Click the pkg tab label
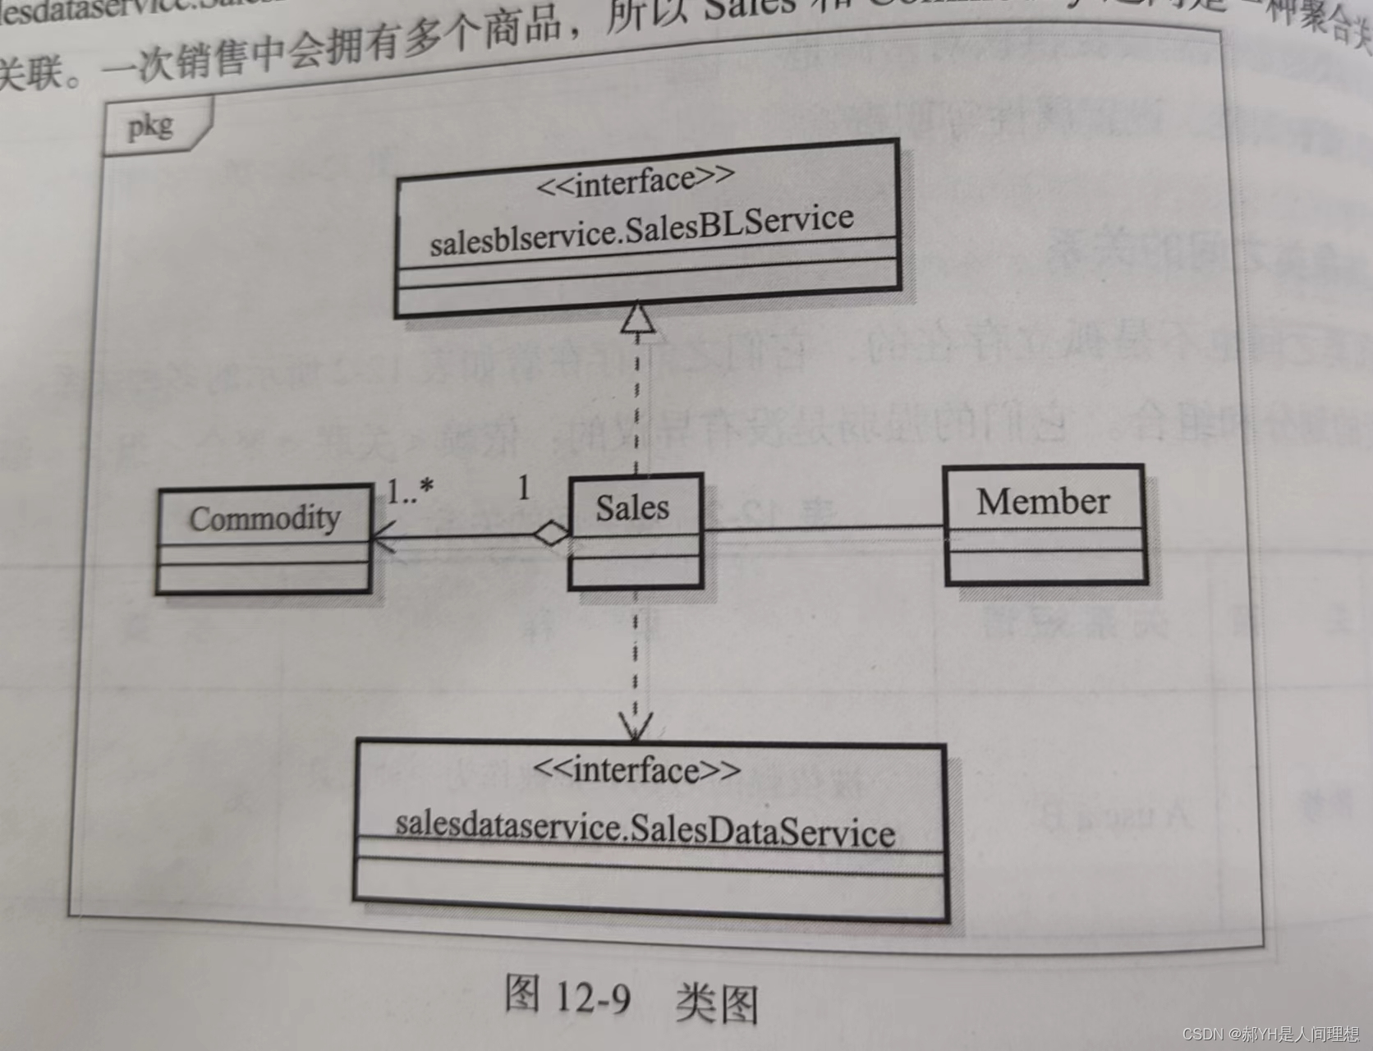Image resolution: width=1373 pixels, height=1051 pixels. pyautogui.click(x=150, y=126)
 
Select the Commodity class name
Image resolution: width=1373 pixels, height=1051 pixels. pyautogui.click(x=264, y=518)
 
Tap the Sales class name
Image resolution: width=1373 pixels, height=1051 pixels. pyautogui.click(x=632, y=507)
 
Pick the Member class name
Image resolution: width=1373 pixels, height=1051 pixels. pyautogui.click(x=1043, y=501)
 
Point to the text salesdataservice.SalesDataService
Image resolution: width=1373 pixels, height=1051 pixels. pyautogui.click(x=645, y=828)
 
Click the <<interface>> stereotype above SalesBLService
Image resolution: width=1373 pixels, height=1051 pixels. pyautogui.click(x=636, y=181)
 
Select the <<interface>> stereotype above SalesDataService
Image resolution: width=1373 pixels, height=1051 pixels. pyautogui.click(x=636, y=770)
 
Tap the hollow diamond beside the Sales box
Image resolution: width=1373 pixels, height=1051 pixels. pyautogui.click(x=551, y=534)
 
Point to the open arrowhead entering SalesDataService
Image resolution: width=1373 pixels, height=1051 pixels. pyautogui.click(x=636, y=727)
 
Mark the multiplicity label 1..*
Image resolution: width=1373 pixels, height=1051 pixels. pyautogui.click(x=410, y=491)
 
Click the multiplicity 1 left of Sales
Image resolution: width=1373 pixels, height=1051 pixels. pyautogui.click(x=524, y=488)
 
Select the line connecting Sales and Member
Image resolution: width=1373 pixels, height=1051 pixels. pyautogui.click(x=821, y=526)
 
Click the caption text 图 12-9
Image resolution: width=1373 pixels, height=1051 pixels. pyautogui.click(x=567, y=996)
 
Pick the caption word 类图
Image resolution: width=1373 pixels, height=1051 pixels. pyautogui.click(x=716, y=1003)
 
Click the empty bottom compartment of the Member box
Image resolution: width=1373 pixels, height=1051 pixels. pyautogui.click(x=1045, y=567)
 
